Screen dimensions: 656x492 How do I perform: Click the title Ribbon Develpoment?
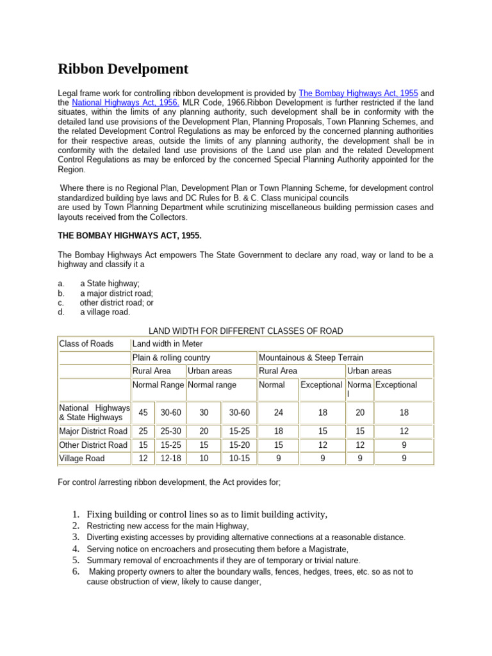point(123,69)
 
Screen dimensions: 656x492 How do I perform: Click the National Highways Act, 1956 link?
point(126,102)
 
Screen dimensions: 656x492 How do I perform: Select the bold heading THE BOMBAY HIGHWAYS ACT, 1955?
point(129,236)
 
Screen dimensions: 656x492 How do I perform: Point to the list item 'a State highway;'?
point(110,284)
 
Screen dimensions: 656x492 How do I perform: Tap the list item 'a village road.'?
point(105,312)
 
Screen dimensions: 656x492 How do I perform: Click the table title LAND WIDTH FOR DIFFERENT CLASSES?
point(245,331)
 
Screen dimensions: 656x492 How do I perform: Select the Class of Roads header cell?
point(86,344)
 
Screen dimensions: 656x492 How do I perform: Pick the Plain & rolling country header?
point(171,357)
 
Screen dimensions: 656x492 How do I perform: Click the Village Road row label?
point(81,459)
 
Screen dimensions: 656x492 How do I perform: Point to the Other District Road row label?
point(93,445)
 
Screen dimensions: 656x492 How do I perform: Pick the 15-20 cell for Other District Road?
point(239,445)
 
